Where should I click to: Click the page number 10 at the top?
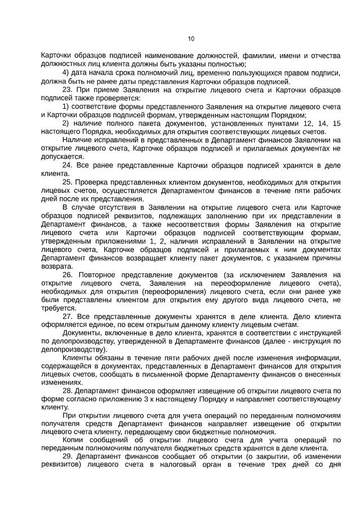click(191, 38)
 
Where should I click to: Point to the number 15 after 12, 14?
click(336, 123)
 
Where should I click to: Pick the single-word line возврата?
click(57, 266)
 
